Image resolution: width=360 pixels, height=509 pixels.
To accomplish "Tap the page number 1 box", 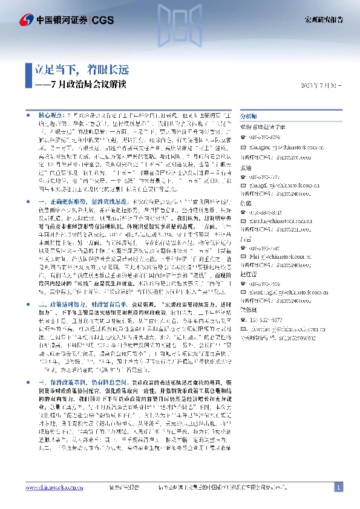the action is pos(338,487).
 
